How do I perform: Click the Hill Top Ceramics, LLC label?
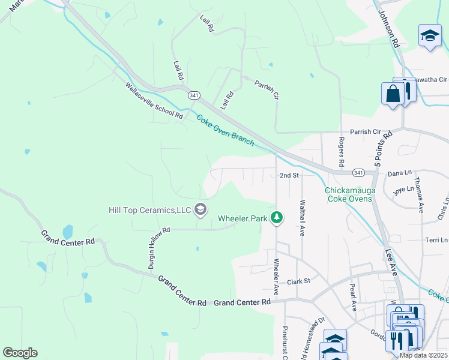(149, 209)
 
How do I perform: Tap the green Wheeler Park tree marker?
(277, 218)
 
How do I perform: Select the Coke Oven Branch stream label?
(225, 130)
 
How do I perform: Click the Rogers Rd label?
(341, 152)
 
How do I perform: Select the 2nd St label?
(289, 175)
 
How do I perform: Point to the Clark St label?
(298, 281)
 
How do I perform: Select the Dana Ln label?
(399, 173)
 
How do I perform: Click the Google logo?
(20, 353)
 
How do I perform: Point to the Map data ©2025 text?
(423, 355)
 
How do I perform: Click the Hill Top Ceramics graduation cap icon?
(200, 209)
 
